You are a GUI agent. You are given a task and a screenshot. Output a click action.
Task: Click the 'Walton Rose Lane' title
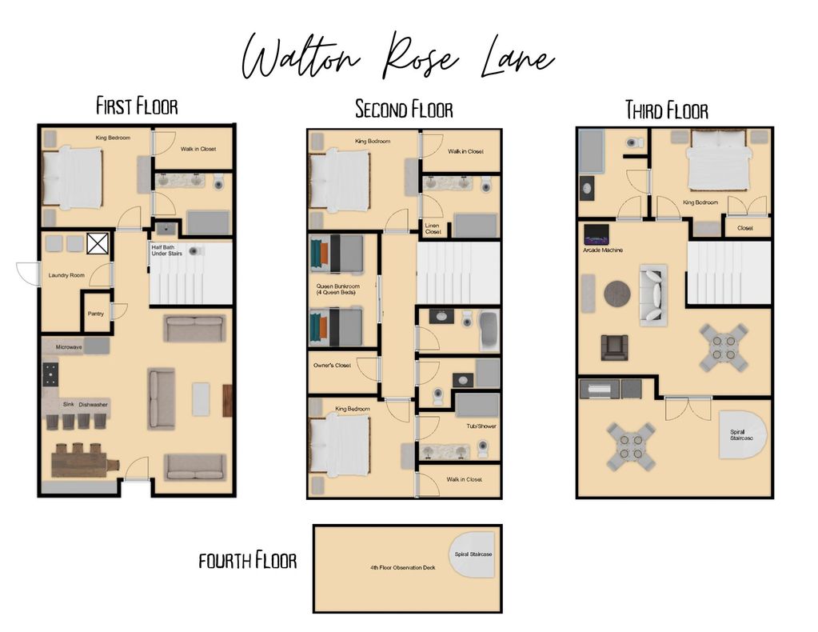point(398,58)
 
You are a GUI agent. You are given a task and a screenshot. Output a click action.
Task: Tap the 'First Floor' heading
point(138,106)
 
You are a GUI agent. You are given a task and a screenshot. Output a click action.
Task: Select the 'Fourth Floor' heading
point(248,561)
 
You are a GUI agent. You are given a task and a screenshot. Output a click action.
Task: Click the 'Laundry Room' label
point(66,275)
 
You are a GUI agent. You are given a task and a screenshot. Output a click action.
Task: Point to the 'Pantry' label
point(95,314)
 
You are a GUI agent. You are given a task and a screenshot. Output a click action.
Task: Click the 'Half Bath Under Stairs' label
point(167,250)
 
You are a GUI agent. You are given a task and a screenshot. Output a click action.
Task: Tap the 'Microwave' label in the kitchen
point(69,347)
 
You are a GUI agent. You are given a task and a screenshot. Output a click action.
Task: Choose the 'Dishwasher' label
point(94,405)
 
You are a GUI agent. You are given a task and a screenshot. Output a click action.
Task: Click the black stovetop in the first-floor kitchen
point(50,374)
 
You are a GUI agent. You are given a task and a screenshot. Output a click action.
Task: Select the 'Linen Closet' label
point(433,229)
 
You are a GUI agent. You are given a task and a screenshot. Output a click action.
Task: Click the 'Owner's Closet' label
point(332,366)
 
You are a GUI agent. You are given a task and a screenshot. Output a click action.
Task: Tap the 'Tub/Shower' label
point(481,426)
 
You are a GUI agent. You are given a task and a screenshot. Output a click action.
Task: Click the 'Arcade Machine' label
point(603,250)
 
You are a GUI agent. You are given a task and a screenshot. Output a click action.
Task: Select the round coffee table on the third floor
point(617,294)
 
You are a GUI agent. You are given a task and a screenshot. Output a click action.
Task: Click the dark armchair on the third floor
point(615,347)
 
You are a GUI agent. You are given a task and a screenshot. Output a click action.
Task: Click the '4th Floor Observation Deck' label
point(403,568)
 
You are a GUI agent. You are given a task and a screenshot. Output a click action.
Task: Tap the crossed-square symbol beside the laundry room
point(98,243)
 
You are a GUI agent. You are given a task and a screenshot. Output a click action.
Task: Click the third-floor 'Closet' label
point(745,228)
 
